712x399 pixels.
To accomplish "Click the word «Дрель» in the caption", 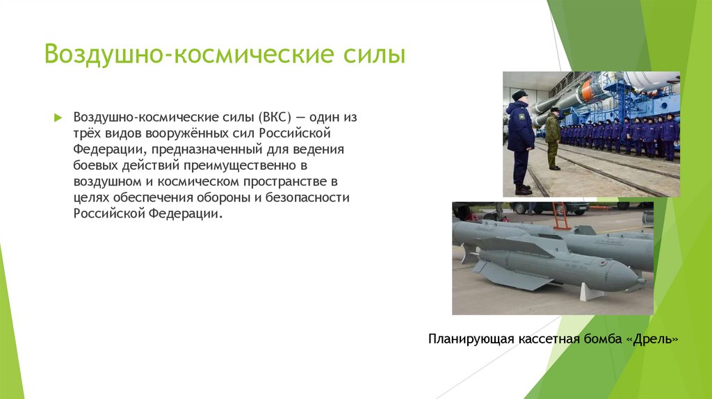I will (x=652, y=339).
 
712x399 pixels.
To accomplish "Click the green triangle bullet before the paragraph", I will (x=59, y=117).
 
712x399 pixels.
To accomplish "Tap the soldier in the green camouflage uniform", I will (x=553, y=138).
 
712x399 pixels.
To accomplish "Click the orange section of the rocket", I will (x=588, y=90).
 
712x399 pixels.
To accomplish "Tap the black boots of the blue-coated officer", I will (x=523, y=189).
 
